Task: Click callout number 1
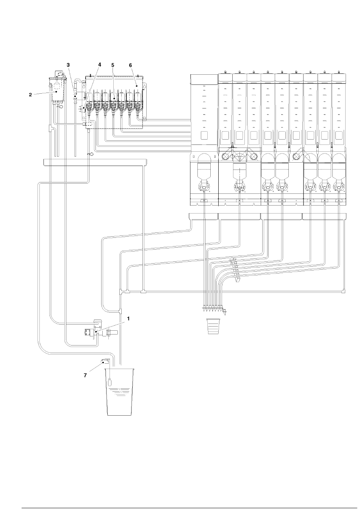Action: click(128, 319)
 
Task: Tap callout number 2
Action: click(30, 95)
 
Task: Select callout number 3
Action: click(68, 65)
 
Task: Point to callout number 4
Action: click(100, 64)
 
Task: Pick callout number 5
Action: click(113, 65)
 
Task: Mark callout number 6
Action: click(130, 65)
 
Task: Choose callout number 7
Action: click(85, 375)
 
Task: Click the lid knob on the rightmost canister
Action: click(339, 71)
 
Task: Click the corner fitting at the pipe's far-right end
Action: click(343, 292)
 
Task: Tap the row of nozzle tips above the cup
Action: click(213, 309)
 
